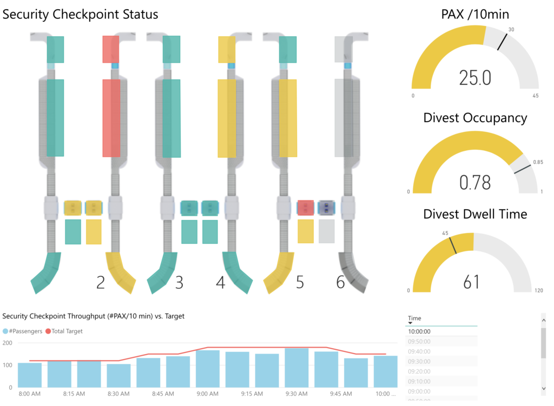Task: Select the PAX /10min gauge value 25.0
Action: [475, 78]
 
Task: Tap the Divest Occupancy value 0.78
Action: [475, 182]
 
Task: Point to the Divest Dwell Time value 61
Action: [472, 282]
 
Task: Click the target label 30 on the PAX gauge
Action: [511, 29]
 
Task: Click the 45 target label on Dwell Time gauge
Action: [446, 234]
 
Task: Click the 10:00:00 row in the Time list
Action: [419, 331]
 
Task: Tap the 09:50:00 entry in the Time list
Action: [419, 341]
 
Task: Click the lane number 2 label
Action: [101, 282]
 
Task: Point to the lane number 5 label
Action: [300, 282]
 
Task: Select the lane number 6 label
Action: [340, 282]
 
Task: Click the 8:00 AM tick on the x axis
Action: [29, 394]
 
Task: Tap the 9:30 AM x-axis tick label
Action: [296, 394]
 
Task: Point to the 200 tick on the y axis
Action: [8, 343]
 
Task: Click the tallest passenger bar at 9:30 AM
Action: [296, 368]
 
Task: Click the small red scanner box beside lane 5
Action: [306, 208]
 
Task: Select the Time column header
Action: [414, 318]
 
